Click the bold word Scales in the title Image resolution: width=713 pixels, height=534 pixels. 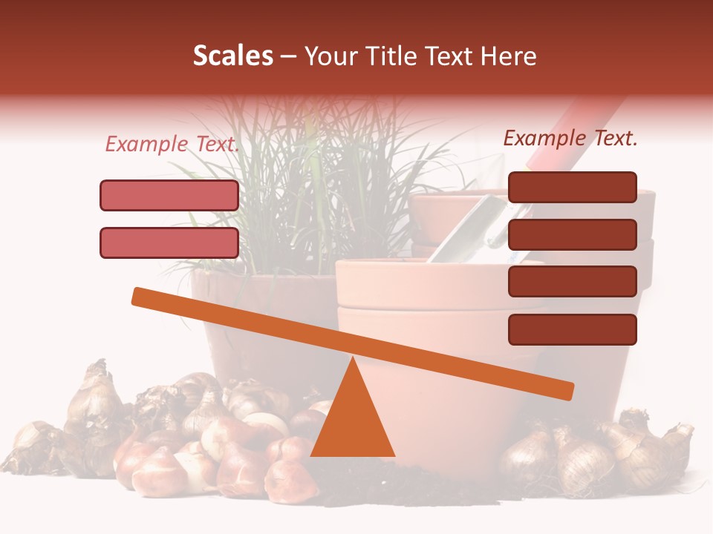point(232,56)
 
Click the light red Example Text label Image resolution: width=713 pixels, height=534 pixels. point(172,144)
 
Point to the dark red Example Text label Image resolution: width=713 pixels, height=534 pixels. point(570,138)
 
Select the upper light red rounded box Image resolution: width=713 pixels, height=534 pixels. point(169,195)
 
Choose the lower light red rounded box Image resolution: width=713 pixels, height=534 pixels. point(169,243)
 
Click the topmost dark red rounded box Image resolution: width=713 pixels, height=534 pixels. point(572,187)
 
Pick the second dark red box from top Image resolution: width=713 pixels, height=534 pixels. point(572,234)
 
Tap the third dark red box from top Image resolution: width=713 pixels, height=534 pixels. point(572,282)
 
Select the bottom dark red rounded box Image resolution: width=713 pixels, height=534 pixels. point(572,329)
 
